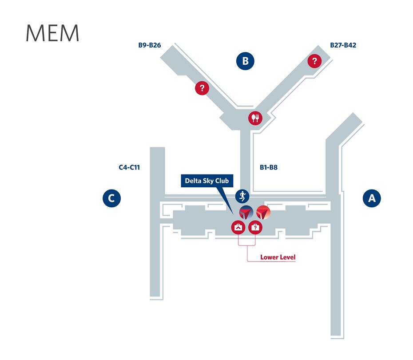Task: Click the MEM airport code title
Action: pyautogui.click(x=52, y=33)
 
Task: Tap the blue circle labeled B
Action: pyautogui.click(x=245, y=61)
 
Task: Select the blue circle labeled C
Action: pyautogui.click(x=111, y=198)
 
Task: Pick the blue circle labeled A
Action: pyautogui.click(x=372, y=198)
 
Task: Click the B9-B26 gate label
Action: pyautogui.click(x=150, y=45)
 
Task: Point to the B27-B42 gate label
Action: pyautogui.click(x=343, y=45)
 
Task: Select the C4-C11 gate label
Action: pyautogui.click(x=130, y=167)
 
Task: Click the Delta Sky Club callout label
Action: pyautogui.click(x=207, y=181)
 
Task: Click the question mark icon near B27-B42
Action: pyautogui.click(x=314, y=61)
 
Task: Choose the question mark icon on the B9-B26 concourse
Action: pyautogui.click(x=202, y=88)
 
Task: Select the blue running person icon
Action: pyautogui.click(x=242, y=195)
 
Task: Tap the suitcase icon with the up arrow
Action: pyautogui.click(x=238, y=227)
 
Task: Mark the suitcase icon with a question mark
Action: pyautogui.click(x=255, y=227)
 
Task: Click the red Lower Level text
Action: pyautogui.click(x=278, y=257)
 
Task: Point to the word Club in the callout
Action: pyautogui.click(x=222, y=181)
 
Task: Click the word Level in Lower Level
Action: pyautogui.click(x=288, y=257)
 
